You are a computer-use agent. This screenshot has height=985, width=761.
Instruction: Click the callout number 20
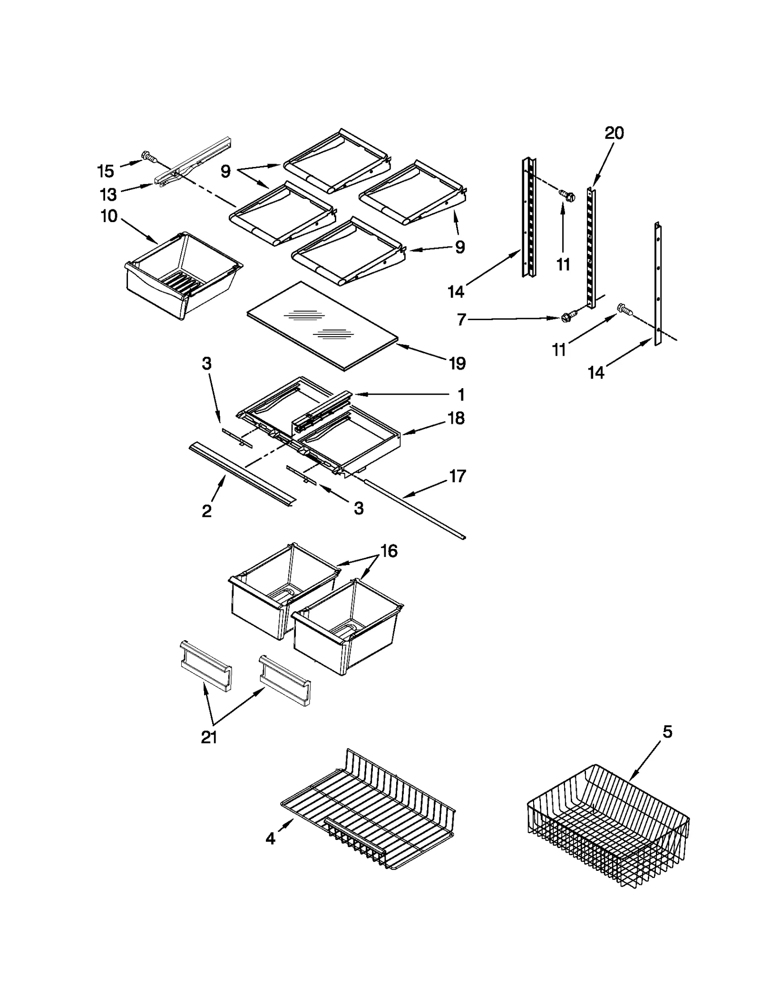[x=614, y=133]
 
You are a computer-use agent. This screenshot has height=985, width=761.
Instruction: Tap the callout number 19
[x=457, y=364]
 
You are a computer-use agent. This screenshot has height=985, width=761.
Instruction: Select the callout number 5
[x=667, y=732]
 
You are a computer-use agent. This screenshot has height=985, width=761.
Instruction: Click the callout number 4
[x=270, y=839]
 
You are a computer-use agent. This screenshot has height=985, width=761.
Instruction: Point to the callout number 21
[x=209, y=738]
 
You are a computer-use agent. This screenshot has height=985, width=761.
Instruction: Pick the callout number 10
[x=109, y=216]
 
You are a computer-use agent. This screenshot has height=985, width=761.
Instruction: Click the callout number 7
[x=460, y=320]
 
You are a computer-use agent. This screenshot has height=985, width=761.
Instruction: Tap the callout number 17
[x=457, y=476]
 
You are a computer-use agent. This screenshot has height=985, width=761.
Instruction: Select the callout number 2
[x=206, y=511]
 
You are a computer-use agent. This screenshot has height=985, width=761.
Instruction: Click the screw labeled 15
[x=148, y=156]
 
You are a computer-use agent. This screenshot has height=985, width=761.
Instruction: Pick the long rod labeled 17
[x=414, y=509]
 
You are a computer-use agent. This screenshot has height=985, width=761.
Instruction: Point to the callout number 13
[x=108, y=195]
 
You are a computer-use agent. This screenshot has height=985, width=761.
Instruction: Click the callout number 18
[x=456, y=419]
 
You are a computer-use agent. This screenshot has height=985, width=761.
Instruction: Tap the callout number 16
[x=389, y=551]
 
